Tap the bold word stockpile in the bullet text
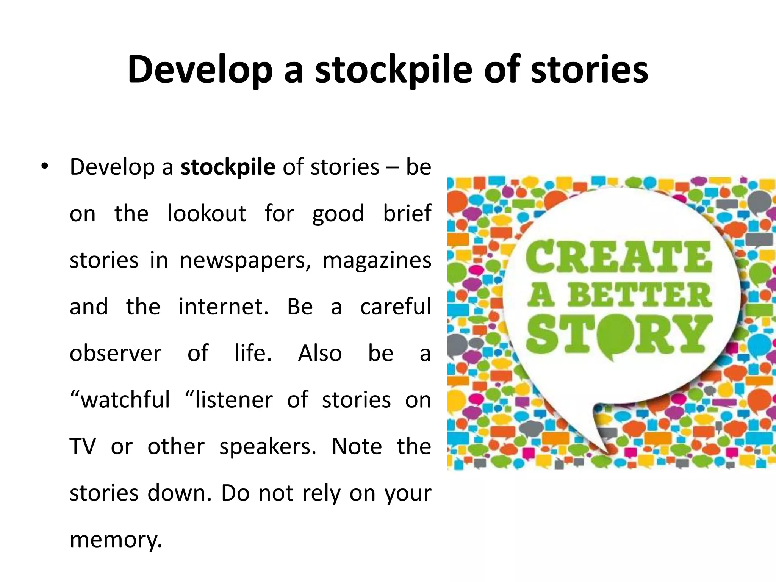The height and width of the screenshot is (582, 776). pos(228,167)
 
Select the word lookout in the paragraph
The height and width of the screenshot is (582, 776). pos(207,213)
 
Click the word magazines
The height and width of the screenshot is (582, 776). pos(377,260)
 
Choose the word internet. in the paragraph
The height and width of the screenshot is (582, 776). pos(224,307)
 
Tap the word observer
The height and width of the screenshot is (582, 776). pos(116,353)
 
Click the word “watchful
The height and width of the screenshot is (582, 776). pos(120,400)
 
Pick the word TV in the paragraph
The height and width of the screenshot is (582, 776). pos(83,446)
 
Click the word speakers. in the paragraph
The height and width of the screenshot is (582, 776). pos(268,447)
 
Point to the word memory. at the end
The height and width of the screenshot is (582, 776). pos(116,540)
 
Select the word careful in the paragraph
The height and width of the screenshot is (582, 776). pos(396,307)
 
